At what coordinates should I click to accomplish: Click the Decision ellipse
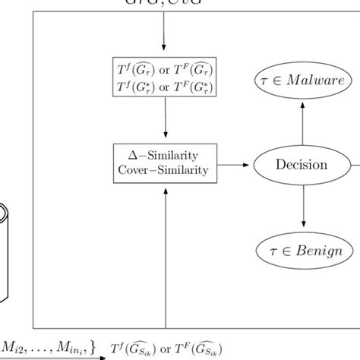[x=302, y=164]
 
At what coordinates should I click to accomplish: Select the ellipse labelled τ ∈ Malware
[x=303, y=80]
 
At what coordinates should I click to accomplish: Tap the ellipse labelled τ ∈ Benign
[x=303, y=251]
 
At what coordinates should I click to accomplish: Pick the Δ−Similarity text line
[x=165, y=156]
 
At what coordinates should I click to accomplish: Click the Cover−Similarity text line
[x=165, y=171]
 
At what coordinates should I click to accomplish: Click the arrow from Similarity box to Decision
[x=236, y=164]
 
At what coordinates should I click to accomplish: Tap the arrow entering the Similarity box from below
[x=165, y=251]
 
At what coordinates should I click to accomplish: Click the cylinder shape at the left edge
[x=6, y=251]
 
